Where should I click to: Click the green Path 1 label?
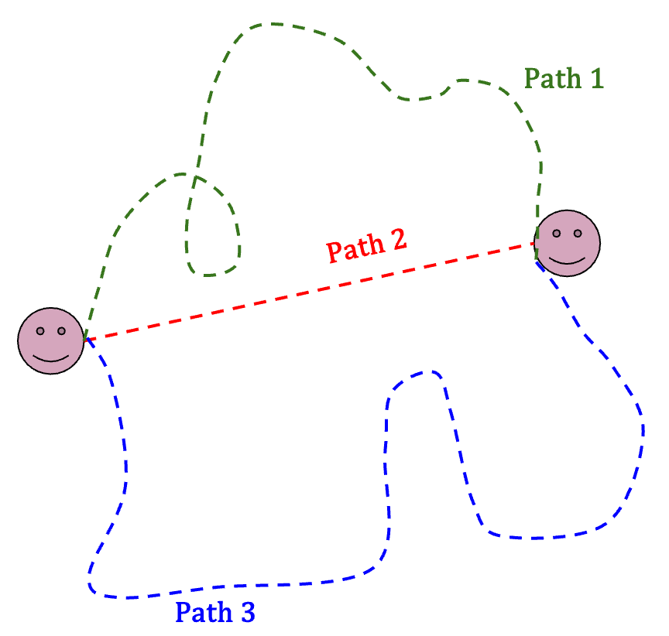tap(563, 79)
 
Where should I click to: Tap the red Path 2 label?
tap(366, 247)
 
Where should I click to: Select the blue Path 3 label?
tap(214, 613)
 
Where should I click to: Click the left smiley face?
tap(51, 340)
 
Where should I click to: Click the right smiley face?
tap(568, 242)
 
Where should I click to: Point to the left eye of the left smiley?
tap(40, 331)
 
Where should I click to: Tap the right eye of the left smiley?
tap(61, 331)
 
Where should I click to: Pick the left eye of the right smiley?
tap(557, 233)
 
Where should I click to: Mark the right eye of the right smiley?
tap(578, 233)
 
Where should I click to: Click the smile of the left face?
tap(51, 357)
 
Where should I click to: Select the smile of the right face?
tap(568, 259)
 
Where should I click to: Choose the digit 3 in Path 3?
tap(245, 613)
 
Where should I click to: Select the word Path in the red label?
tap(352, 250)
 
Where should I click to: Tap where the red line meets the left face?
tap(84, 340)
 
